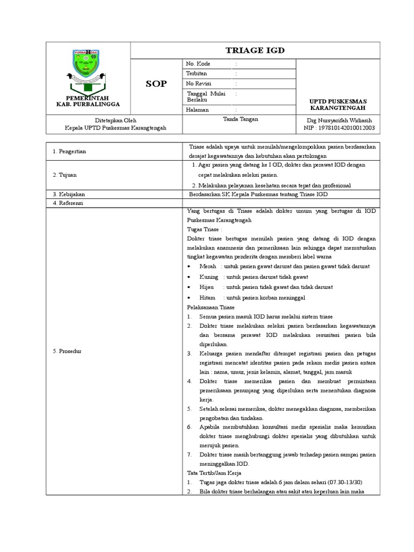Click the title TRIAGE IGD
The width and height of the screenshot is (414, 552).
[x=255, y=51]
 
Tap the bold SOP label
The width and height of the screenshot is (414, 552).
[x=156, y=84]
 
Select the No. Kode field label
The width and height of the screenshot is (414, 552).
[x=198, y=64]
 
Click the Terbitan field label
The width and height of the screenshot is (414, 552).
[x=196, y=73]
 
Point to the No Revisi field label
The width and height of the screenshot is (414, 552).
[x=198, y=84]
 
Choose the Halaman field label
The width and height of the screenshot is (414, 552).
[x=197, y=109]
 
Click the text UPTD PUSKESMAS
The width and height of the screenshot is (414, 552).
[x=337, y=101]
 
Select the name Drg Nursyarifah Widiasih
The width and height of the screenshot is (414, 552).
[x=340, y=120]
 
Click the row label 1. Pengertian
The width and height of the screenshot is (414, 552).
[x=70, y=151]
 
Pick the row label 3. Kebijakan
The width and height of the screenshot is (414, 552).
[x=68, y=194]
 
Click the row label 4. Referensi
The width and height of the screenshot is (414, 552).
[x=68, y=203]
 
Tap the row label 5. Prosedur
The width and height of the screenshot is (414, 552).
[x=67, y=351]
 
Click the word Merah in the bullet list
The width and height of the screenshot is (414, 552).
[x=208, y=266]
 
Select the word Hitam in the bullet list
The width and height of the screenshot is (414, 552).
[x=207, y=297]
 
